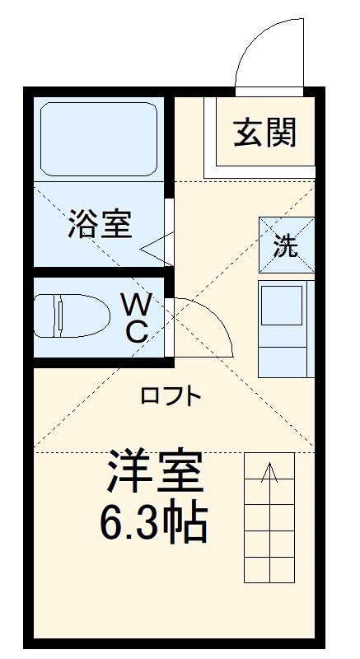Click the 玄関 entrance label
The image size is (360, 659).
[264, 133]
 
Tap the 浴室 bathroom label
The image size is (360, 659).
[101, 224]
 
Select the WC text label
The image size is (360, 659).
[136, 319]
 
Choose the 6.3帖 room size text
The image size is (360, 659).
[152, 522]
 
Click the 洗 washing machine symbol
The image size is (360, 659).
[286, 245]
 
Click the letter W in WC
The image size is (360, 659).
[137, 306]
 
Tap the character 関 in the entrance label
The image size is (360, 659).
[281, 133]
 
